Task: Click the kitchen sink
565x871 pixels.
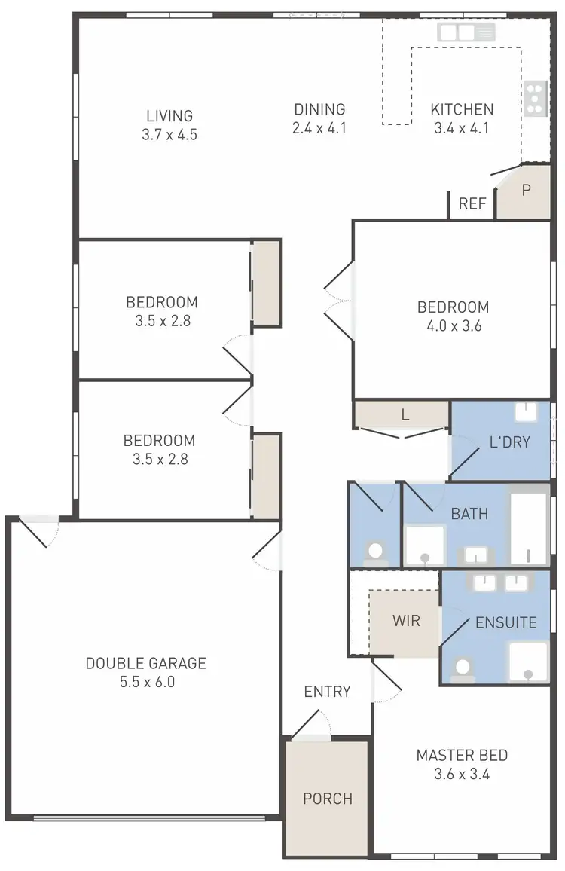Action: tap(466, 32)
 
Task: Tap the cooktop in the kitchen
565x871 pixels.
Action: tap(535, 98)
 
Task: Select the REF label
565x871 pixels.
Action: tap(472, 204)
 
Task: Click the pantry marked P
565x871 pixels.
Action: tap(526, 190)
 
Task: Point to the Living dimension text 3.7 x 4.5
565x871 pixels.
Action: tap(169, 135)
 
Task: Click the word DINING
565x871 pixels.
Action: tap(319, 109)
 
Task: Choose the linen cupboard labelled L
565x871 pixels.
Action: tap(405, 414)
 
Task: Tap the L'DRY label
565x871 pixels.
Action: tap(509, 442)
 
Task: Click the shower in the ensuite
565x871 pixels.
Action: tap(529, 662)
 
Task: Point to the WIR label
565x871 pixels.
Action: tap(405, 622)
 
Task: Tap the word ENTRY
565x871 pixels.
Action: tap(327, 692)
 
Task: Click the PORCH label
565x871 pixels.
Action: tap(328, 799)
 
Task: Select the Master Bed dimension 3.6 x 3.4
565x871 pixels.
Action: tap(462, 774)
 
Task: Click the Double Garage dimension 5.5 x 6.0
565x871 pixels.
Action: tap(145, 683)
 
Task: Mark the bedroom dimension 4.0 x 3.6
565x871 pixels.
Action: tap(453, 326)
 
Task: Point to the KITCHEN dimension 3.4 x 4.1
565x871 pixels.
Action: tap(461, 128)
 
